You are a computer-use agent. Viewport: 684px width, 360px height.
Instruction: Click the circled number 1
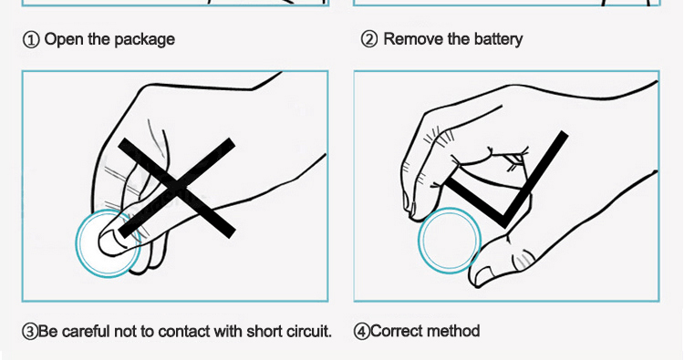click(30, 40)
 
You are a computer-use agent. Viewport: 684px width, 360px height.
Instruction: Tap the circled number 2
click(369, 40)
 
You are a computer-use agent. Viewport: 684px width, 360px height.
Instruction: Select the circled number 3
click(30, 331)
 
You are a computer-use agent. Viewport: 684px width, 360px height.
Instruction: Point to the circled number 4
click(362, 331)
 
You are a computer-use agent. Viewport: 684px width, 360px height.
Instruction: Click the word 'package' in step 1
click(145, 40)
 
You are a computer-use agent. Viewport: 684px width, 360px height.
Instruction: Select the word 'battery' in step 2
click(499, 40)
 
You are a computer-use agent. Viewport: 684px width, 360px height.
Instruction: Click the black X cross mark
click(177, 189)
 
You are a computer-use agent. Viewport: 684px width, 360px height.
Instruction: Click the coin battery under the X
click(109, 243)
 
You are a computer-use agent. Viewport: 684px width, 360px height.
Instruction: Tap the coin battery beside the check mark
click(450, 240)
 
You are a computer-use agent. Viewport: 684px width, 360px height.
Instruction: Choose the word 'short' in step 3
click(264, 331)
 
